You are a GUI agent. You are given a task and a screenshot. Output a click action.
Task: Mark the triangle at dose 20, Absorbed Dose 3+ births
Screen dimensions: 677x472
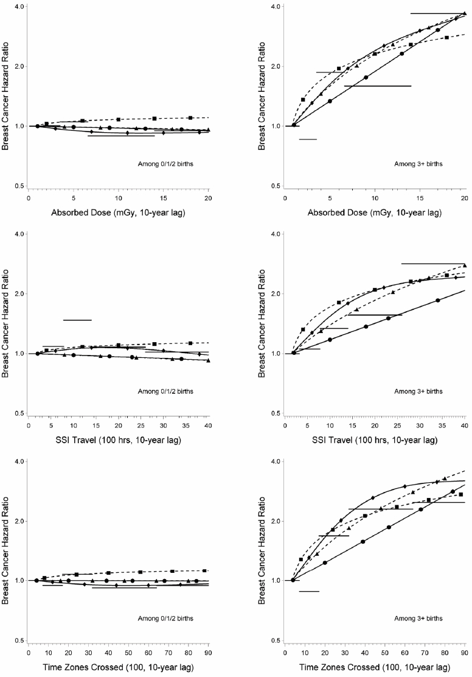click(x=464, y=13)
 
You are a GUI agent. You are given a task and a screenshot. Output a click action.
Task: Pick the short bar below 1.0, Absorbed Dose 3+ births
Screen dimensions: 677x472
click(x=308, y=139)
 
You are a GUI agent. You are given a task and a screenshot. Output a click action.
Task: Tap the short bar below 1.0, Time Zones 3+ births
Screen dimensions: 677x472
click(x=309, y=591)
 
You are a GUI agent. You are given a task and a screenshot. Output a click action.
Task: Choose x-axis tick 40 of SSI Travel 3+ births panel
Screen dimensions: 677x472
click(x=464, y=424)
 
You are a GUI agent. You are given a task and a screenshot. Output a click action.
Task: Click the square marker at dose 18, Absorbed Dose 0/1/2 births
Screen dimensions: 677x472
click(x=190, y=118)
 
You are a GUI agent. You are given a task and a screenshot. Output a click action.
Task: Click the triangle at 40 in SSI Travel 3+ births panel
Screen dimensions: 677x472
click(x=465, y=265)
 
